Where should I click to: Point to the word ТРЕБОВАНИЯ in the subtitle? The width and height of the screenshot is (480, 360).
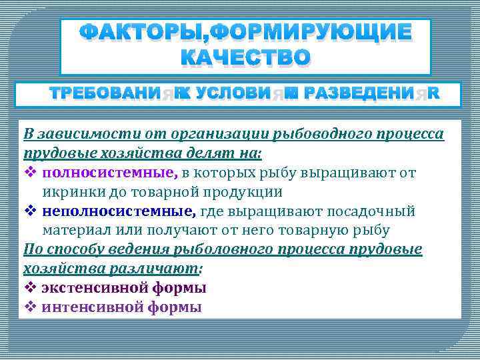pos(111,94)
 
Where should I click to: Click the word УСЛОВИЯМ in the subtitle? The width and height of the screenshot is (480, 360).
pos(239,94)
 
